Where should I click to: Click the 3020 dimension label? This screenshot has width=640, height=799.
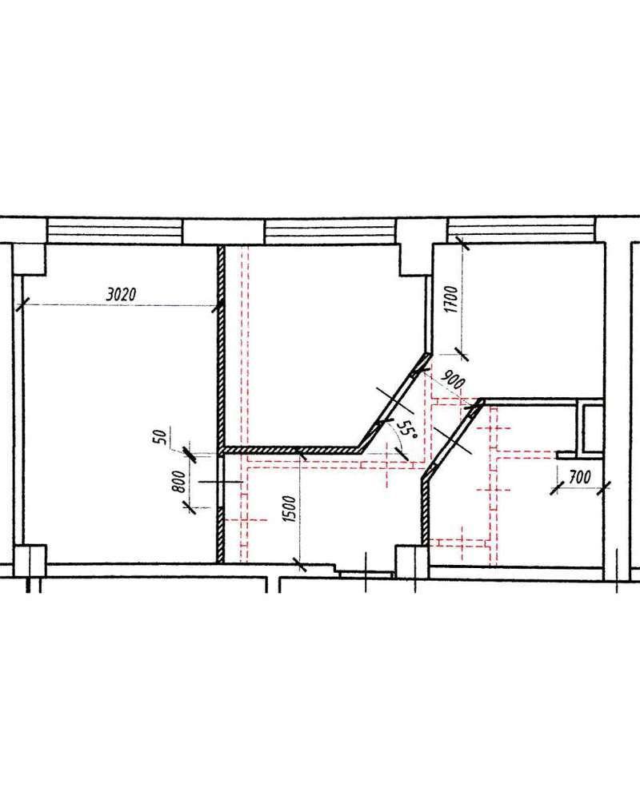coord(122,294)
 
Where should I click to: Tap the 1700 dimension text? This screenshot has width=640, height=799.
coord(451,299)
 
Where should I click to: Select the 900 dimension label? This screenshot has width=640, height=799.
coord(452,380)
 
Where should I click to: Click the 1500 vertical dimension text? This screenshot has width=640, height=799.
coord(289,508)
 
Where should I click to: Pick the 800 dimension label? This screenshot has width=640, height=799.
coord(178,482)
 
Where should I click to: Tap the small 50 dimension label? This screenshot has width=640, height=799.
coord(160,437)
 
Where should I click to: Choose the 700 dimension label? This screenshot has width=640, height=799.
coord(580,478)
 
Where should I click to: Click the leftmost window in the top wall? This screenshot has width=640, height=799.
coord(114,231)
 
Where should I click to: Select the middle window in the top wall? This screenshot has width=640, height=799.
coord(330,231)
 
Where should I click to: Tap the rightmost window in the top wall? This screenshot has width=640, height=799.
coord(521,230)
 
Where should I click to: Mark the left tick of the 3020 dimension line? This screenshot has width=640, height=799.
coord(21,305)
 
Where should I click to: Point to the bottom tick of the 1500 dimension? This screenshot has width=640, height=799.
coord(299,563)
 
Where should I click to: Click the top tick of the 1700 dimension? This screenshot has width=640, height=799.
coord(462,243)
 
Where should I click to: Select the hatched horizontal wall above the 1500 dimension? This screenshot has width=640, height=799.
coord(291,450)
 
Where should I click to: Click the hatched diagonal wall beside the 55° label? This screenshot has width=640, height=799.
coord(392,403)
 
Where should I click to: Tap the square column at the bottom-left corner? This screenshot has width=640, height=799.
coord(30,561)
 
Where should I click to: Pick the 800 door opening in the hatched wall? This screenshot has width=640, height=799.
coord(221,482)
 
